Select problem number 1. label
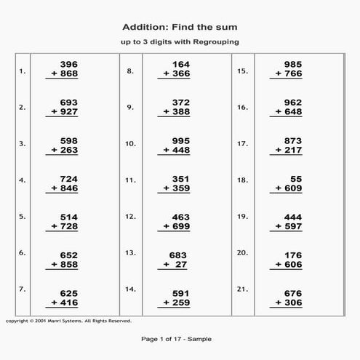(23, 72)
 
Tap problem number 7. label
(23, 289)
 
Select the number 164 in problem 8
(180, 64)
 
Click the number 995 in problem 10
(180, 140)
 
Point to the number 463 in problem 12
(180, 216)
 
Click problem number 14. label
(131, 289)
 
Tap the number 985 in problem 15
(292, 64)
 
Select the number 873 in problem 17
(292, 140)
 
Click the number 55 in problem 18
(296, 178)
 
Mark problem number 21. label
(242, 289)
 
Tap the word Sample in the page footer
(201, 340)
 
